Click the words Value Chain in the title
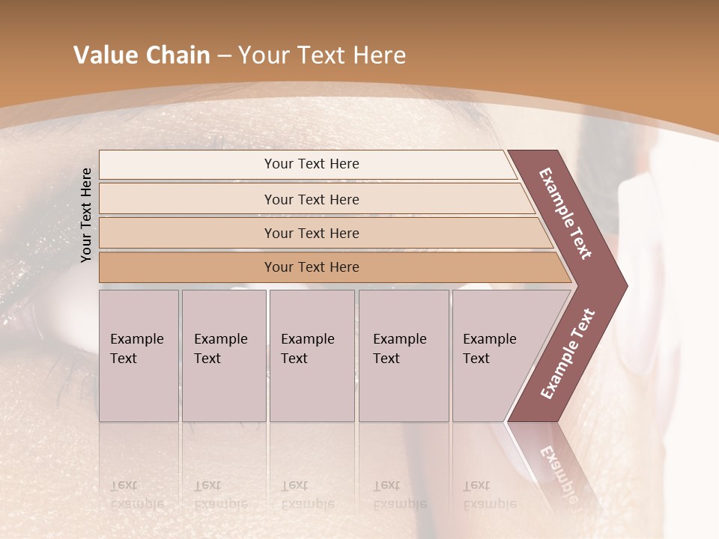tap(142, 55)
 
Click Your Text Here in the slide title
tap(322, 55)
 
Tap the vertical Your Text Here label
tap(87, 215)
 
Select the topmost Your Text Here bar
tap(312, 165)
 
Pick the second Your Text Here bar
tap(312, 199)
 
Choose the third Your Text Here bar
tap(312, 234)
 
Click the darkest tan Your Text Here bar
tap(312, 267)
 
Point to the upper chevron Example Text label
tap(565, 213)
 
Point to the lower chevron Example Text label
tap(568, 353)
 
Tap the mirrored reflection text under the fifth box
tap(489, 495)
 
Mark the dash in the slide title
tap(224, 56)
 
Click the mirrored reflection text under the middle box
tap(307, 495)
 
